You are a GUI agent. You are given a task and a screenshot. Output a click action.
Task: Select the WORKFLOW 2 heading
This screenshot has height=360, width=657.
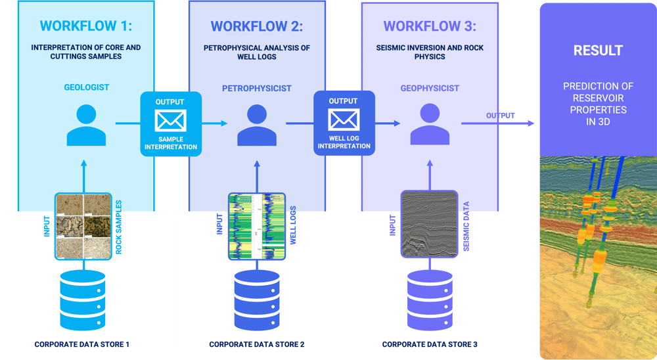[x=256, y=26]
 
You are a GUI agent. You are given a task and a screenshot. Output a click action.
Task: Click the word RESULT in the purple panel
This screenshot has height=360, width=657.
[x=597, y=51]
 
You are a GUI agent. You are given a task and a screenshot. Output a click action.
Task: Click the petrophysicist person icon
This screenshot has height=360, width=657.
[x=256, y=125]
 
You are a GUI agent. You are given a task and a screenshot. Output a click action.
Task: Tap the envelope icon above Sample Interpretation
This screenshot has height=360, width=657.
[x=170, y=120]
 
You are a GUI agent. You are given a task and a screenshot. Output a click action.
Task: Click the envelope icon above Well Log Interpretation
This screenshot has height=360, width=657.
[x=344, y=120]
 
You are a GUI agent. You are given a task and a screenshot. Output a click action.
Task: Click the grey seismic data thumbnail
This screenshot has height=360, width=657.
[x=429, y=223]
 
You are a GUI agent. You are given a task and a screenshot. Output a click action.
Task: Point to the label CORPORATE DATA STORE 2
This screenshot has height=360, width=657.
[x=256, y=344]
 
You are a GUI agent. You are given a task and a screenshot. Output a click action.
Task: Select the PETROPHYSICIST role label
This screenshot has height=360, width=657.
[x=256, y=87]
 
